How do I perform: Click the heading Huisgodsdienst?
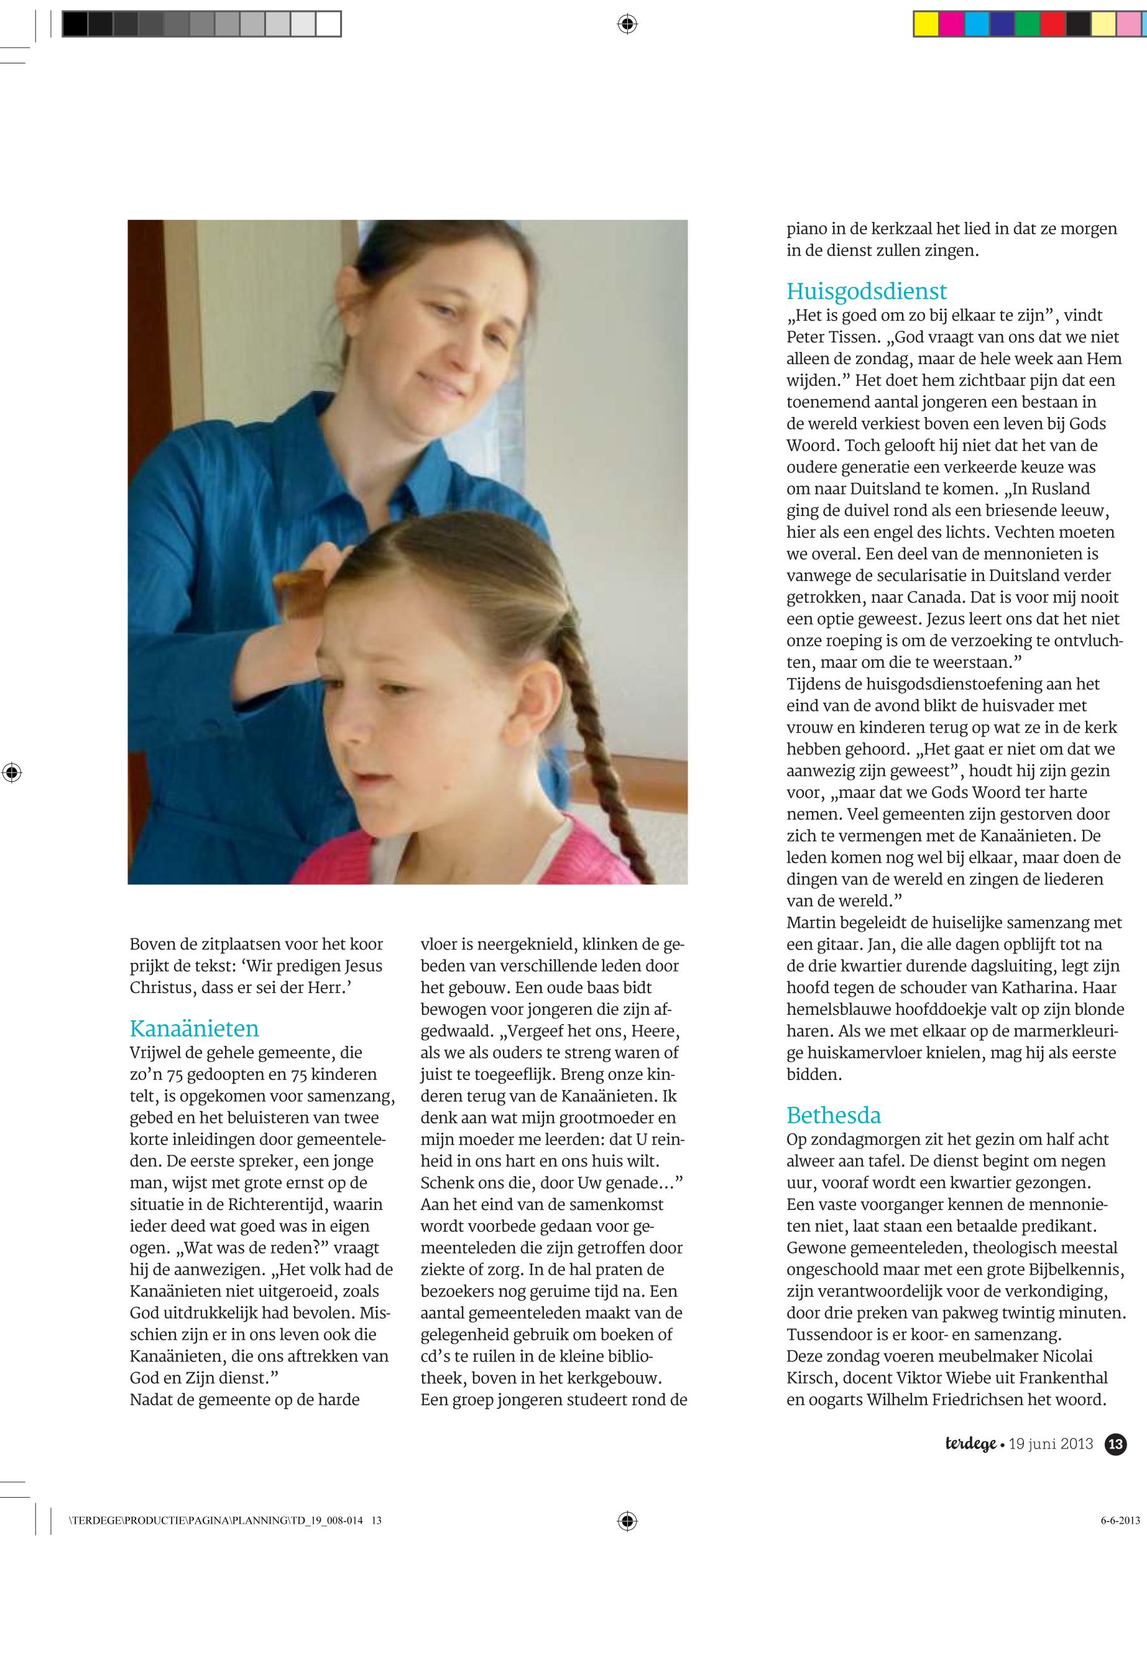(866, 291)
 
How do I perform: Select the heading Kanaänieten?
(194, 1028)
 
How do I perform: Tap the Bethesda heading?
(834, 1115)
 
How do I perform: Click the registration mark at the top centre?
(627, 24)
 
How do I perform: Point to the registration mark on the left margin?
(11, 773)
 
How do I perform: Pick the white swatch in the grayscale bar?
(328, 24)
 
